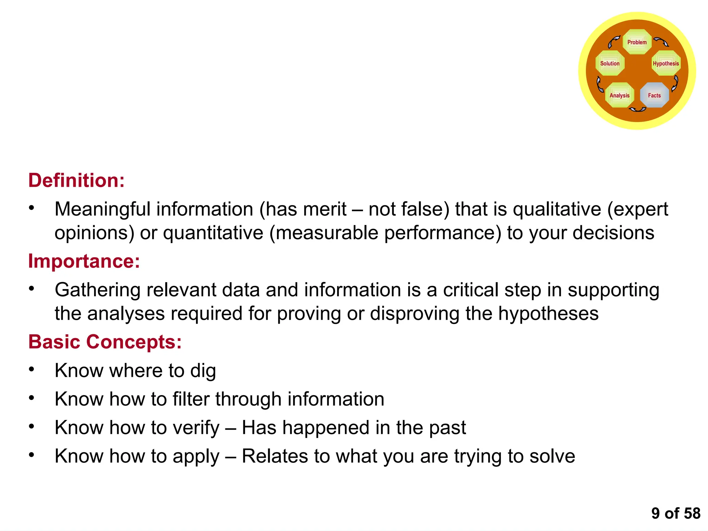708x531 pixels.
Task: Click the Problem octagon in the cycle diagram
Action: tap(637, 42)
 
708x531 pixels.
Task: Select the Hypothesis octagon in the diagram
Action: tap(666, 63)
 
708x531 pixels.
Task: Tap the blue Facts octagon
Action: tap(654, 95)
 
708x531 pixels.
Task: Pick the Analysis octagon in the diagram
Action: tap(619, 95)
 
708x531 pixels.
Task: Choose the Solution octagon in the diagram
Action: tap(610, 63)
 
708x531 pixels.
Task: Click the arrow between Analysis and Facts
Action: tap(637, 110)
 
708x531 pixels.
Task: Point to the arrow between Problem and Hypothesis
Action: tap(661, 42)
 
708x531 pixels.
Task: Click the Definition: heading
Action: tap(76, 180)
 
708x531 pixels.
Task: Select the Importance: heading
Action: tap(84, 261)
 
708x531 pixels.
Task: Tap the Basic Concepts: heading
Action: tap(105, 342)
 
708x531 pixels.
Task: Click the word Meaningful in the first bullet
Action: tap(103, 209)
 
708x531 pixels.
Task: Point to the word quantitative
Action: tap(213, 233)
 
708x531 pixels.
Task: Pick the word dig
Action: tap(203, 371)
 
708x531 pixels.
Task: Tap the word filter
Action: tap(191, 399)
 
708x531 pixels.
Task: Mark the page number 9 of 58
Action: tap(676, 513)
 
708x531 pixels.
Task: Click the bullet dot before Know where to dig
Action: tap(31, 370)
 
